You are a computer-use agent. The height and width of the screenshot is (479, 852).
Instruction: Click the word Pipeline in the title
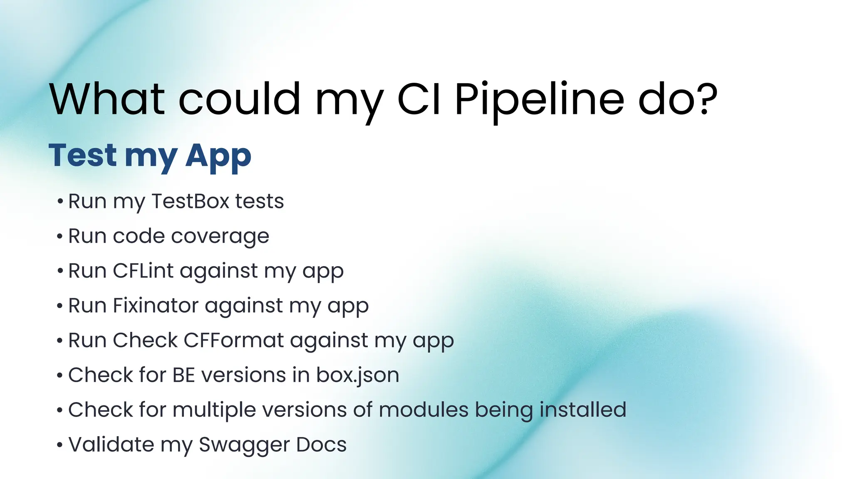click(539, 100)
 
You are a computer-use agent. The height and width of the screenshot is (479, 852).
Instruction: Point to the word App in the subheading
click(218, 156)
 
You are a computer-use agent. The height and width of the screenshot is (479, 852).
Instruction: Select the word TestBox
click(191, 201)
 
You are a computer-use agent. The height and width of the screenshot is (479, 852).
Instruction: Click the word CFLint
click(143, 271)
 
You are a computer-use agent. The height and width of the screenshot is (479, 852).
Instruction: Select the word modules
click(424, 410)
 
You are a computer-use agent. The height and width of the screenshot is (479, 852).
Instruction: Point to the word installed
click(583, 410)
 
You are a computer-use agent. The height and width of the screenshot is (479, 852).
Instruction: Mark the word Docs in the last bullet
click(321, 444)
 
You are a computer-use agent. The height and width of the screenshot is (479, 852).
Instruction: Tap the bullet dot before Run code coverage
click(60, 237)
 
